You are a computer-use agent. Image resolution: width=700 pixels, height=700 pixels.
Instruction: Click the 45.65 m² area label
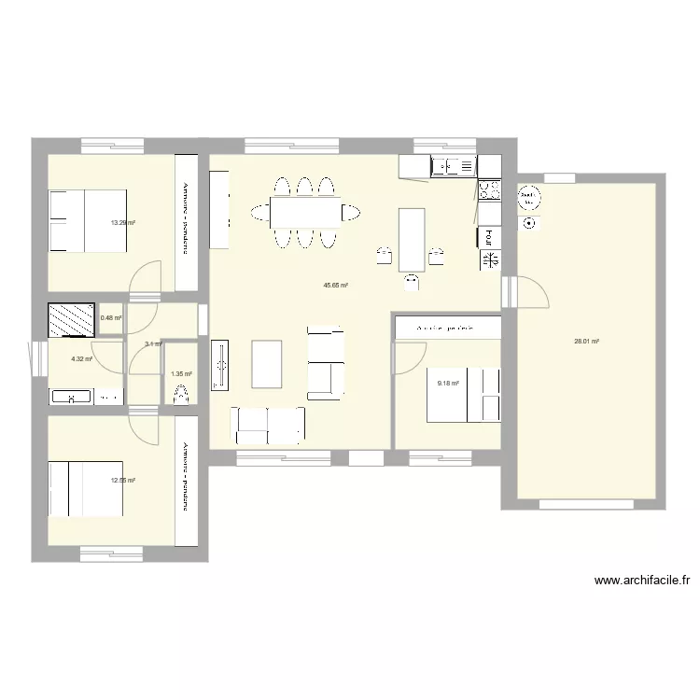pos(336,286)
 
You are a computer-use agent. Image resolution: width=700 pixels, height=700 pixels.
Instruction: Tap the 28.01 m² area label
pos(586,342)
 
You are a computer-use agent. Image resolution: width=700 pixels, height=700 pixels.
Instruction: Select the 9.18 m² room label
pos(449,382)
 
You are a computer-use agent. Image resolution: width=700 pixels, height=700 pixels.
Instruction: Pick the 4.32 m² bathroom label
pos(81,357)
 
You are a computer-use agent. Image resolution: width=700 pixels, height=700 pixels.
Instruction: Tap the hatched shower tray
pos(72,320)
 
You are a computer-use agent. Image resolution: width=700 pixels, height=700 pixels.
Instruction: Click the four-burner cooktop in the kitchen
pos(489,191)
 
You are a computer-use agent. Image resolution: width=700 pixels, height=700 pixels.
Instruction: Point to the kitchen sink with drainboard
pos(454,167)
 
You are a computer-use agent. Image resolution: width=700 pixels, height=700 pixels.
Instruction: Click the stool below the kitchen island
pos(412,281)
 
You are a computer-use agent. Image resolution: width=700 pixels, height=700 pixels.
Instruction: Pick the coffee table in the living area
pos(267,363)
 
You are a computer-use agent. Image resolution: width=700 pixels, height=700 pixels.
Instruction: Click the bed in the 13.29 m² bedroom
pos(88,220)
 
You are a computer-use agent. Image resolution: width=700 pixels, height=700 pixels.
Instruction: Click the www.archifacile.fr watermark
pos(642,581)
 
